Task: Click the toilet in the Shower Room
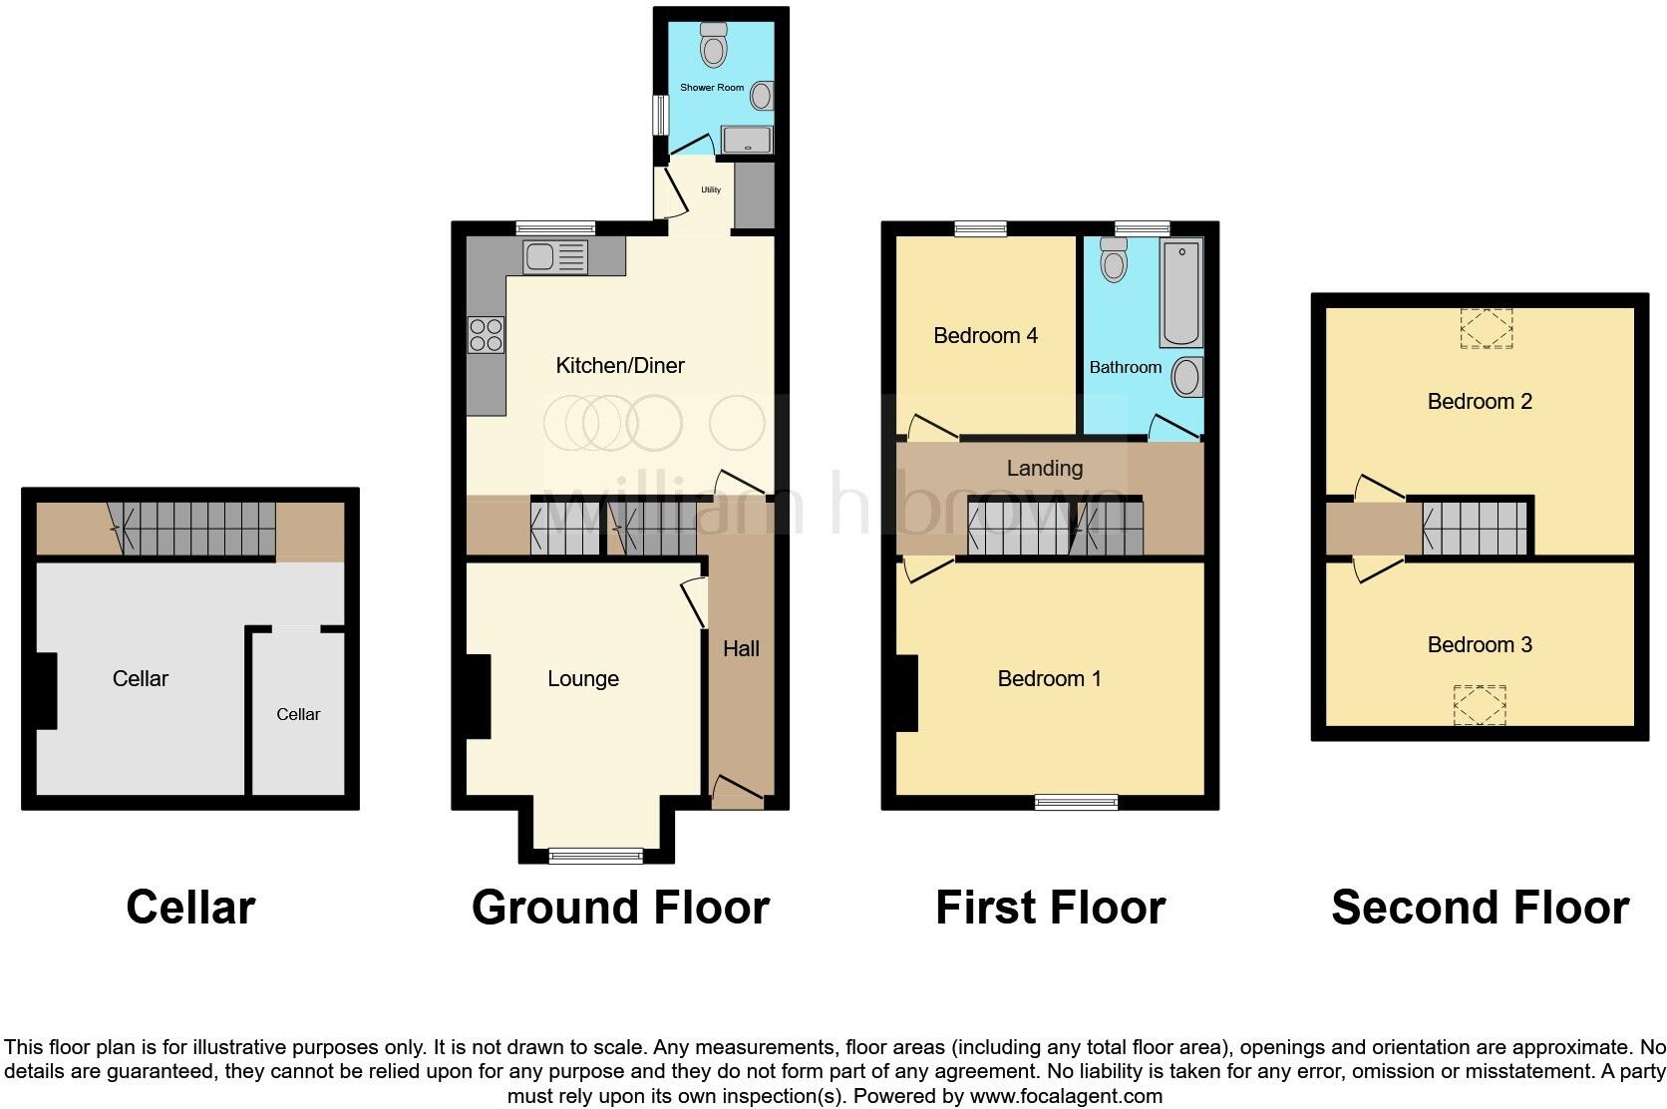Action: coord(713,45)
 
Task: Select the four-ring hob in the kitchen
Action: coord(486,334)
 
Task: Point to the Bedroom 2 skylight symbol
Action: coord(1486,328)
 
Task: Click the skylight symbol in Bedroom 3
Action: coord(1480,706)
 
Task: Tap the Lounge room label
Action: coord(583,679)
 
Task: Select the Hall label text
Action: coord(741,649)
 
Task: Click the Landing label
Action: coord(1044,468)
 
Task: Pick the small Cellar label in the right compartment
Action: coord(298,714)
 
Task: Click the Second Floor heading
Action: coord(1480,908)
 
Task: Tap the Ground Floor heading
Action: coord(620,908)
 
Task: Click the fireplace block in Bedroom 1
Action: coord(906,693)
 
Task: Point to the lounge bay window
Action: coord(596,855)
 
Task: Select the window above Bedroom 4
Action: coord(980,228)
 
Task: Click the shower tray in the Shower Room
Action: coord(746,141)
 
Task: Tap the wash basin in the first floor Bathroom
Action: coord(1186,378)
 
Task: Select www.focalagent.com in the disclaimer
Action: coord(1065,1096)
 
